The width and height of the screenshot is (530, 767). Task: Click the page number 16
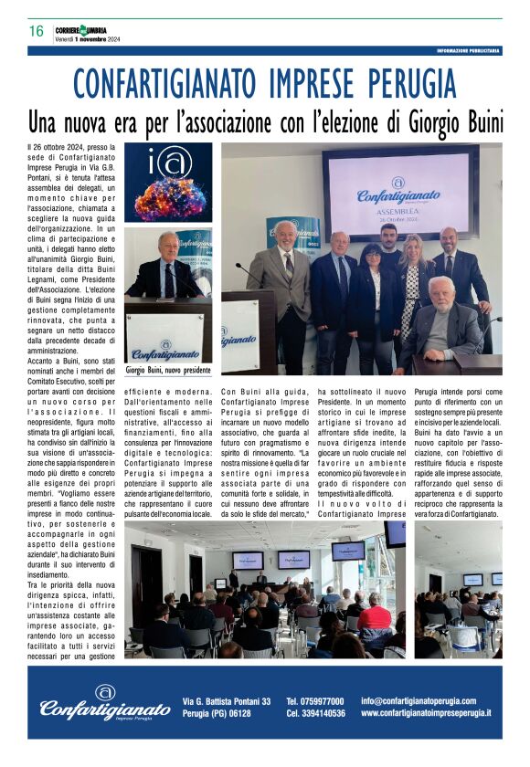click(36, 31)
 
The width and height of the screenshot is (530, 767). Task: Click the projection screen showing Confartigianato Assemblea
click(399, 182)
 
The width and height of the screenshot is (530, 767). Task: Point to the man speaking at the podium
click(167, 268)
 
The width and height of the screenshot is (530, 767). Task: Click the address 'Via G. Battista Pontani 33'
click(227, 700)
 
